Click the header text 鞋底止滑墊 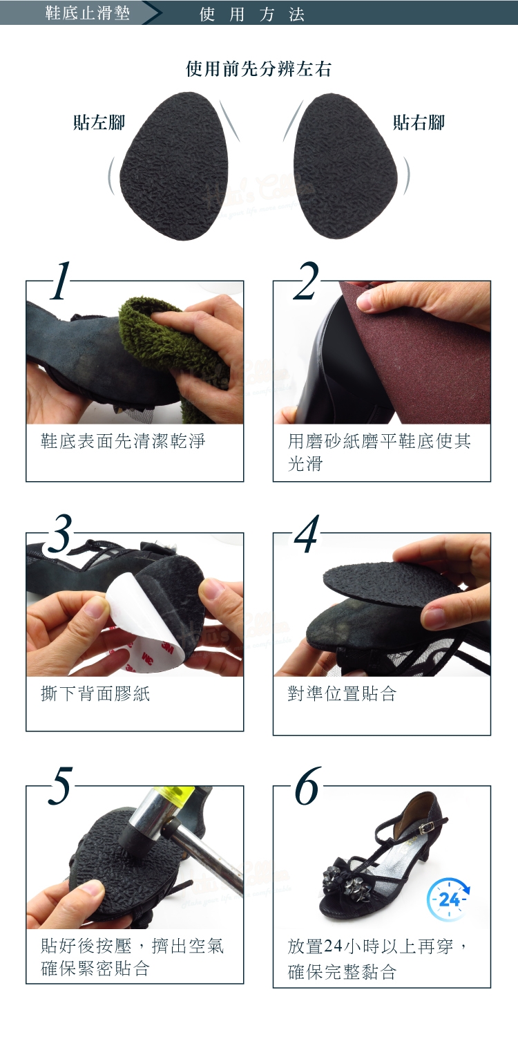88,12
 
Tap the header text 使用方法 252,15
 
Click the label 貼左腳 99,122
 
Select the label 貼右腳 419,122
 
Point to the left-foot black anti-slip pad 175,167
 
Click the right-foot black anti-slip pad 345,167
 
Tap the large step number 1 60,280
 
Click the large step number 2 306,280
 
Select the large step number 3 60,533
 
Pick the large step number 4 307,533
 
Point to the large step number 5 60,786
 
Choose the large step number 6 307,786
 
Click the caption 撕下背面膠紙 95,693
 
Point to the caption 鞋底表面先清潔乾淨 123,441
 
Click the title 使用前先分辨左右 258,69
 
